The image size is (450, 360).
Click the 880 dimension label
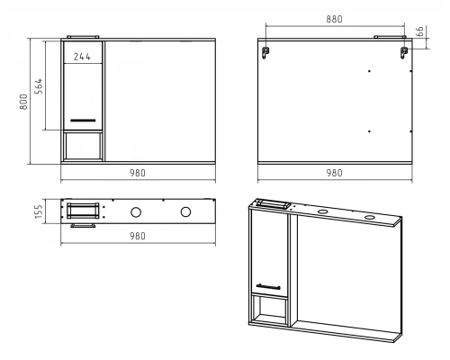[x=334, y=19]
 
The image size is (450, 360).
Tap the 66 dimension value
[x=420, y=31]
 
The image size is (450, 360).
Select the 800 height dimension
[x=23, y=102]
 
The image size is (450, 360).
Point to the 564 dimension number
[x=39, y=86]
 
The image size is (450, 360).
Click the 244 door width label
[x=82, y=57]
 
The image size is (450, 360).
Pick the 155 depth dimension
[x=39, y=211]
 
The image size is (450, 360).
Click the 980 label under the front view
[x=138, y=173]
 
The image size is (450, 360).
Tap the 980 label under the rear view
[x=334, y=173]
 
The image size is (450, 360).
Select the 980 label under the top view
[x=138, y=236]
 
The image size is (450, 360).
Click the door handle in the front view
[x=83, y=121]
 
